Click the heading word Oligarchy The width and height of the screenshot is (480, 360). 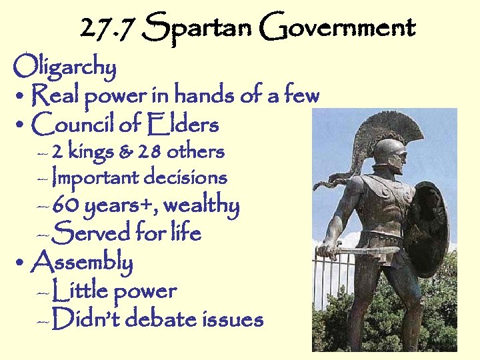pos(65,67)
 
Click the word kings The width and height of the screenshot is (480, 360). pos(89,152)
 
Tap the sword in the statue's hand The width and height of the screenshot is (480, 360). pos(363,252)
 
